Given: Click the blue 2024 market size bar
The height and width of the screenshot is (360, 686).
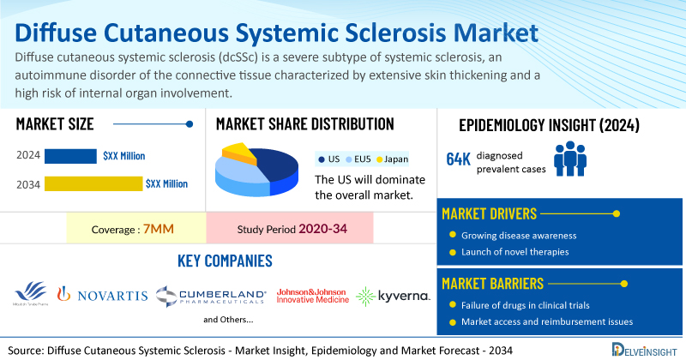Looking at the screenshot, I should (x=70, y=156).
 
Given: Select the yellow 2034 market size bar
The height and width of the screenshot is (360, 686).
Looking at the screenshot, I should (x=93, y=183).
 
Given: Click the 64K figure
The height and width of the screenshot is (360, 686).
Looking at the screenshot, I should (x=458, y=159).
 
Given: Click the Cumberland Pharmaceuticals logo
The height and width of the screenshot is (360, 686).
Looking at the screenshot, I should (x=211, y=296).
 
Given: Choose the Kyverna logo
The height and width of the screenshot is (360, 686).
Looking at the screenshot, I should (x=393, y=296).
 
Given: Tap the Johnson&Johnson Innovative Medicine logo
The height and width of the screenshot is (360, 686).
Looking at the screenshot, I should (x=312, y=296).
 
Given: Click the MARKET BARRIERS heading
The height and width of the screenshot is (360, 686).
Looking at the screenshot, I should (x=494, y=282).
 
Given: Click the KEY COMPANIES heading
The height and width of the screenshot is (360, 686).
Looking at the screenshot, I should (x=225, y=261).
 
